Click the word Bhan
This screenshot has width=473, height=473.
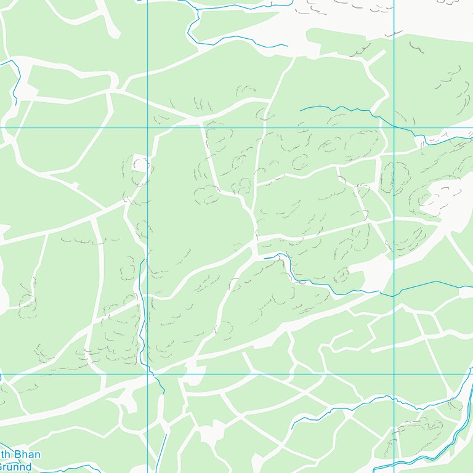pyautogui.click(x=29, y=455)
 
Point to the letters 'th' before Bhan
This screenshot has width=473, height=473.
pyautogui.click(x=5, y=455)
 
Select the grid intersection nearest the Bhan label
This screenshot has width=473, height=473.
pyautogui.click(x=148, y=374)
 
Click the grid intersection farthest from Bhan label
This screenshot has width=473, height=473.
pyautogui.click(x=394, y=127)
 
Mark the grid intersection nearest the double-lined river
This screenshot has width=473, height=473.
pyautogui.click(x=394, y=374)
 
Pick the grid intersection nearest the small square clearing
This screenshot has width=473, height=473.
pyautogui.click(x=148, y=127)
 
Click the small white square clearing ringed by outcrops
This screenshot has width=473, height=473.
pyautogui.click(x=141, y=164)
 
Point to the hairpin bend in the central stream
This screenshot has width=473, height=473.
pyautogui.click(x=285, y=256)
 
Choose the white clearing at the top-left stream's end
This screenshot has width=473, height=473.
pyautogui.click(x=25, y=92)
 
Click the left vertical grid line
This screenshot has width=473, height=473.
pyautogui.click(x=148, y=246)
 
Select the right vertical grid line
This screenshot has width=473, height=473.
pyautogui.click(x=394, y=246)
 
